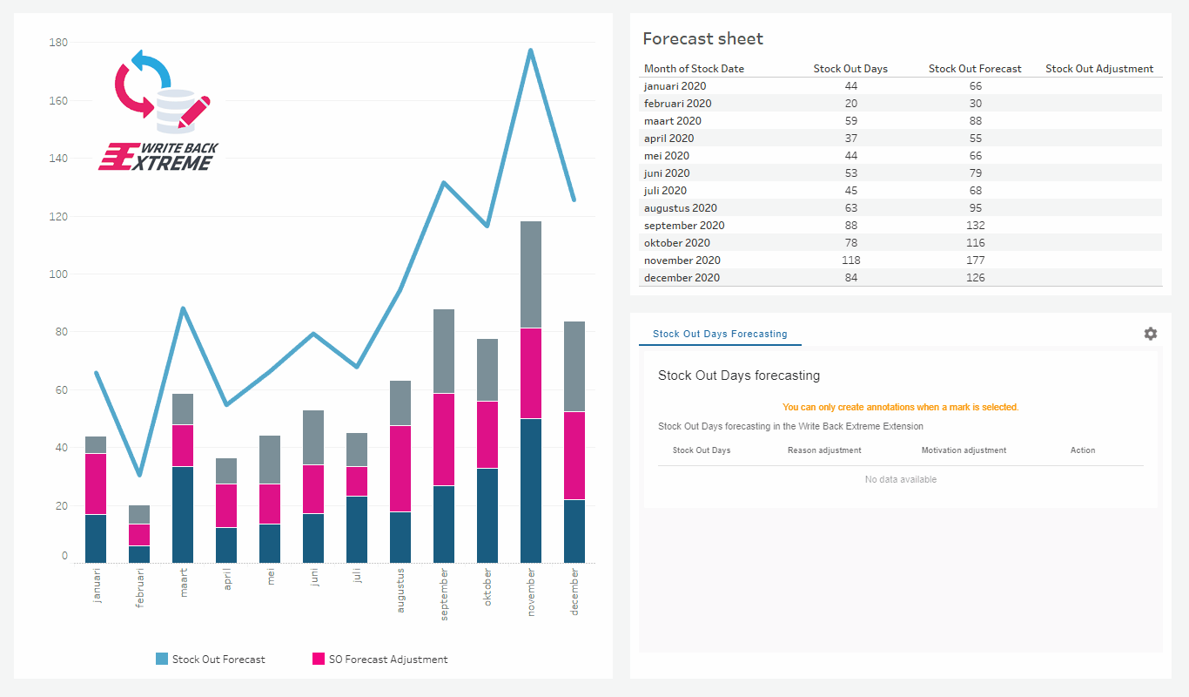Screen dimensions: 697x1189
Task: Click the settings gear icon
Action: pos(1151,334)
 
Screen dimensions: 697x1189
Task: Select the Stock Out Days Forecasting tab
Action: pos(720,334)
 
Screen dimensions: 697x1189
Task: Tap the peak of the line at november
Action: pos(531,51)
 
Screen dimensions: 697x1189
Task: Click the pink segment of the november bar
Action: pos(531,373)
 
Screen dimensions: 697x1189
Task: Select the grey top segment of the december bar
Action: pos(574,366)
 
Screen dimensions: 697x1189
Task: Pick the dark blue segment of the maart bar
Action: pos(183,514)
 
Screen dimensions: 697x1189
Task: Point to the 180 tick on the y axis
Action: pos(59,42)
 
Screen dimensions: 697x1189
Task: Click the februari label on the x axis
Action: pos(140,588)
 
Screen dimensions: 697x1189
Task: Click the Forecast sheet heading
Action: pos(702,38)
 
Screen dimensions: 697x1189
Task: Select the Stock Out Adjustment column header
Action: pos(1098,69)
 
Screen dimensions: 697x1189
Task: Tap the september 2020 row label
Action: pos(684,226)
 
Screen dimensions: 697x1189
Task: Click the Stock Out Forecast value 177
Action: pos(975,261)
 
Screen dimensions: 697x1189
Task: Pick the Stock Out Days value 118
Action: pos(850,261)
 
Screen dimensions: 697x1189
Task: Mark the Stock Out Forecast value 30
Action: pos(975,104)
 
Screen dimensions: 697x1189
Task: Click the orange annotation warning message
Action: pos(900,407)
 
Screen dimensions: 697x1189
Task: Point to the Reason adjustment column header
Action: pos(824,450)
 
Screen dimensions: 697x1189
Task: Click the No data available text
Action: pos(900,479)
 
